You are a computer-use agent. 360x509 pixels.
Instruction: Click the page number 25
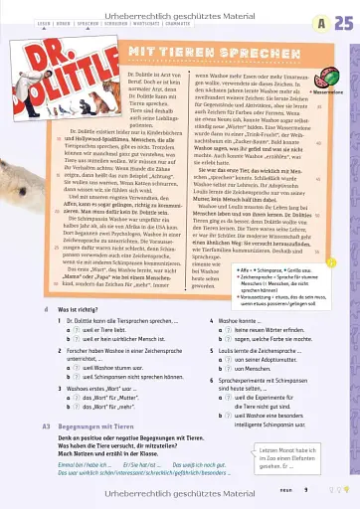pos(340,23)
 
